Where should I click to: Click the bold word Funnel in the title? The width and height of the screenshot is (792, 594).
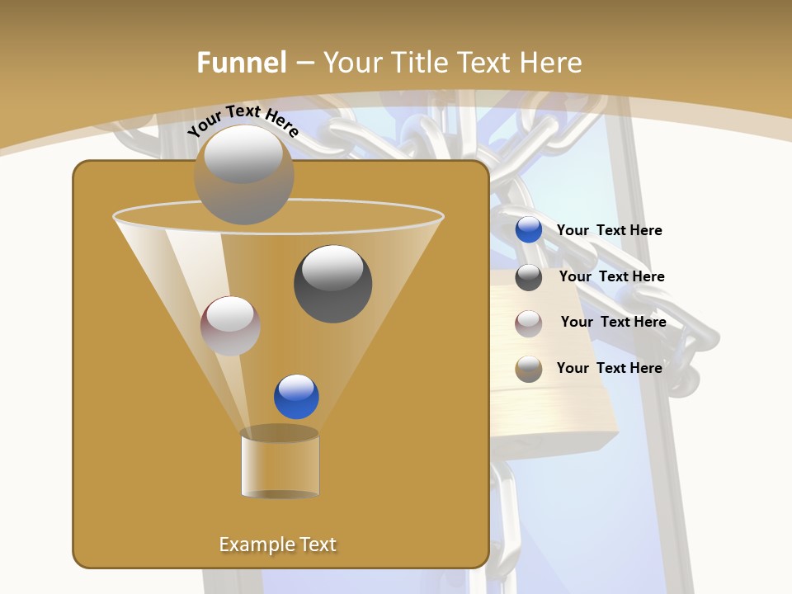pos(242,63)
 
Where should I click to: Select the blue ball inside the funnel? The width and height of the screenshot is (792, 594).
pos(296,397)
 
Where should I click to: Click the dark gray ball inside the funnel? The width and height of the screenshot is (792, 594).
pos(332,284)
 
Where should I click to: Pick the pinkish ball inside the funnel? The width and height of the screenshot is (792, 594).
pos(230,326)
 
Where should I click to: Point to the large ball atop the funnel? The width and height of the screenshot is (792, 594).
pos(243,174)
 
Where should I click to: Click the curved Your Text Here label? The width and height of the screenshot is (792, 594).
pos(243,121)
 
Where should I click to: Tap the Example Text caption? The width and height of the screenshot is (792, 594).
pos(277,544)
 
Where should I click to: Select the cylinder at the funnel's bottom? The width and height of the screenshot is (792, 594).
pos(280,463)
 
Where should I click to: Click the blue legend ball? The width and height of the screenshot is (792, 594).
pos(529,230)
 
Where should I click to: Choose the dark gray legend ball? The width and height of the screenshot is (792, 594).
pos(529,277)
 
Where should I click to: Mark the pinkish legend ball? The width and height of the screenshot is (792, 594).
pos(529,323)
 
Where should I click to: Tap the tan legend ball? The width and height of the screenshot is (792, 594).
pos(529,369)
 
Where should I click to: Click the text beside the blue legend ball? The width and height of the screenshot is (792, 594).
pos(609,231)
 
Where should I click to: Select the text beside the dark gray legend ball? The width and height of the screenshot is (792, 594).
pos(611,277)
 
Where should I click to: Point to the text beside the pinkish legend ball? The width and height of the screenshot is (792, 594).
pos(613,323)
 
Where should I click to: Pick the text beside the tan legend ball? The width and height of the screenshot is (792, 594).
pos(609,369)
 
